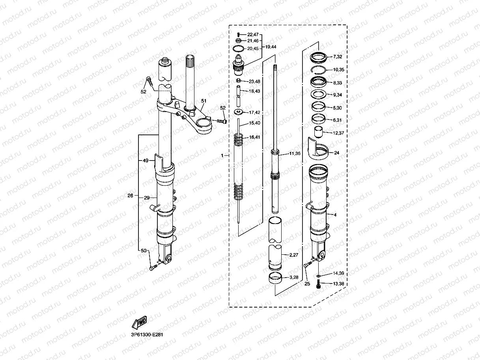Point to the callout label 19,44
pyautogui.click(x=271, y=47)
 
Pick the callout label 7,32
pyautogui.click(x=338, y=57)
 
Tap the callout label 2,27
pyautogui.click(x=294, y=256)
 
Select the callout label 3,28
pyautogui.click(x=294, y=278)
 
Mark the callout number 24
pyautogui.click(x=336, y=153)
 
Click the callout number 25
pyautogui.click(x=307, y=284)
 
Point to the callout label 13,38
pyautogui.click(x=338, y=284)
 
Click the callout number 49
pyautogui.click(x=145, y=160)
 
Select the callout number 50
pyautogui.click(x=143, y=251)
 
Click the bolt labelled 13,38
pyautogui.click(x=318, y=284)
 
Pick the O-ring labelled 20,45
pyautogui.click(x=238, y=48)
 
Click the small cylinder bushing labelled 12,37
pyautogui.click(x=318, y=132)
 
